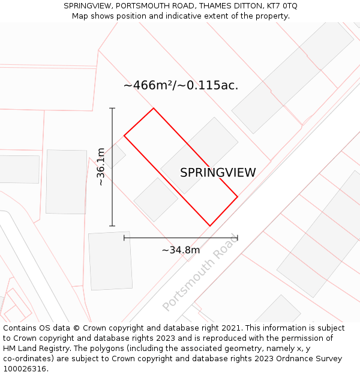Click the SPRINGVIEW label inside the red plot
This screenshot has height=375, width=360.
pyautogui.click(x=218, y=173)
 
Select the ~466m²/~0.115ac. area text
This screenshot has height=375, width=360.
pyautogui.click(x=181, y=85)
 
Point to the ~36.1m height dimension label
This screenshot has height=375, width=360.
pyautogui.click(x=101, y=166)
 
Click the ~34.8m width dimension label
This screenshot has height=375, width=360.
pyautogui.click(x=181, y=250)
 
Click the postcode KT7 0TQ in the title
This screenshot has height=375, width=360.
pyautogui.click(x=281, y=6)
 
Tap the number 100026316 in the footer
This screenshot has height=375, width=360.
pyautogui.click(x=24, y=369)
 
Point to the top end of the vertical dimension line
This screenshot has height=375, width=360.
pyautogui.click(x=112, y=108)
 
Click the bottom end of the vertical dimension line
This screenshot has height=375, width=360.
pyautogui.click(x=112, y=226)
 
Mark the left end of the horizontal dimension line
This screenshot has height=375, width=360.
pyautogui.click(x=124, y=238)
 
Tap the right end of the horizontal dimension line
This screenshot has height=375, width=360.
pyautogui.click(x=238, y=238)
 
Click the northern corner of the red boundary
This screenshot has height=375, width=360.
pyautogui.click(x=154, y=109)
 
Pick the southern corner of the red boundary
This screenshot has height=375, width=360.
pyautogui.click(x=209, y=226)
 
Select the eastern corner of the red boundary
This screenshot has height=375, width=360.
pyautogui.click(x=238, y=196)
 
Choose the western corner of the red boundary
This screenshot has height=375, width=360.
pyautogui.click(x=124, y=136)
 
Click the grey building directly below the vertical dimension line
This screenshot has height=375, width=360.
pyautogui.click(x=110, y=260)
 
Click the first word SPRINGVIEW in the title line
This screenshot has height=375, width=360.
pyautogui.click(x=87, y=6)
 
